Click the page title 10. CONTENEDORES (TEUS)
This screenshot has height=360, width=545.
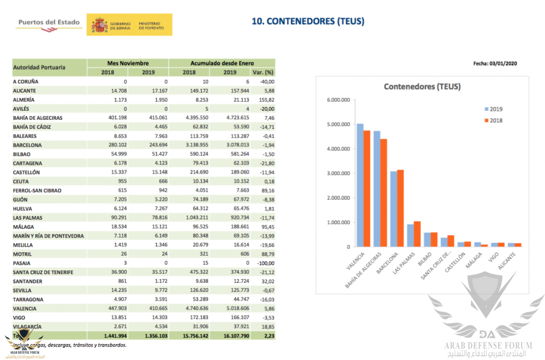point(308,21)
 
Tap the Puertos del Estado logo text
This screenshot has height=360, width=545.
point(49,22)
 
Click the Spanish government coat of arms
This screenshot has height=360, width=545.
point(100,25)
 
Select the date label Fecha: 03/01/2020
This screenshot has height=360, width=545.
point(495,63)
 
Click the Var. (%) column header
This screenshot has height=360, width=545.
point(263,72)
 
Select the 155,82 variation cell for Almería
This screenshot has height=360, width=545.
point(265,100)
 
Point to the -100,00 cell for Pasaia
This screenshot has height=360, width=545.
point(263,263)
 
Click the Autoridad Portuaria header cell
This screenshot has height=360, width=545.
point(39,68)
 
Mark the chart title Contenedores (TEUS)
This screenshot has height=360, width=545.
point(423,87)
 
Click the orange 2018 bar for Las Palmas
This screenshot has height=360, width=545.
point(417,234)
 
